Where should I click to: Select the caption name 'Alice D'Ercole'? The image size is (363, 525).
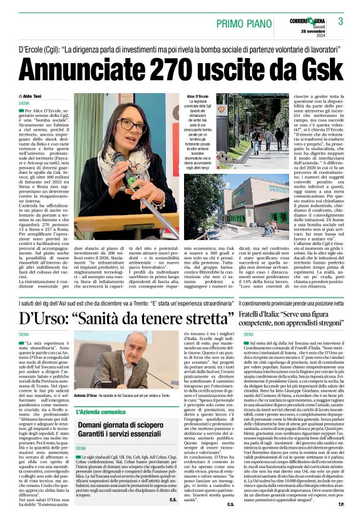[197, 96]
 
